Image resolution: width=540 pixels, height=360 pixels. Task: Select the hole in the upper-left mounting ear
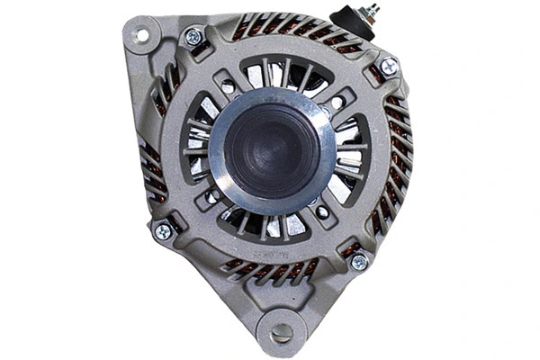pyautogui.click(x=140, y=36)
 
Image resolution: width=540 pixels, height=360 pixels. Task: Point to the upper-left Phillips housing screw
pyautogui.click(x=193, y=38)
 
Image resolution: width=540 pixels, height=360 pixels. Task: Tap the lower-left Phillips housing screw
pyautogui.click(x=164, y=231)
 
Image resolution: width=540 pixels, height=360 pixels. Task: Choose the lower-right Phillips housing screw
pyautogui.click(x=358, y=261)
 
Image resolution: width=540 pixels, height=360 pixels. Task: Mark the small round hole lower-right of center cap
pyautogui.click(x=321, y=212)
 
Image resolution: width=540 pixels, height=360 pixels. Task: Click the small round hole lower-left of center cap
pyautogui.click(x=212, y=196)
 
